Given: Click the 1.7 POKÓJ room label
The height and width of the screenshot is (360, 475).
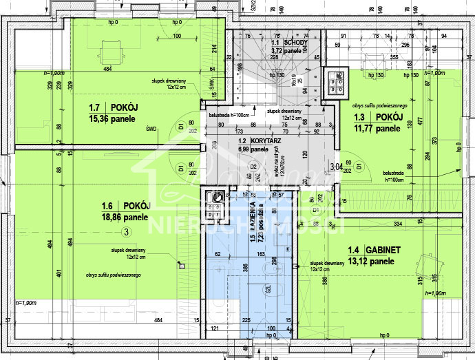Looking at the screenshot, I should pos(114,107).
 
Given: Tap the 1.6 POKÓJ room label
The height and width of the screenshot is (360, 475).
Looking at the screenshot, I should pos(125,205).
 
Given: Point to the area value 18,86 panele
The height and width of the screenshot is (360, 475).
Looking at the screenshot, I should pos(125,217).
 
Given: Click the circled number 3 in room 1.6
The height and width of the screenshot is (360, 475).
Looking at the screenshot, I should pos(125,232).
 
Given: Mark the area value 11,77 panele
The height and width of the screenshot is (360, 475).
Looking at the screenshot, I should pos(377,128).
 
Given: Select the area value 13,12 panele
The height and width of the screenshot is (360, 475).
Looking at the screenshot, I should pos(372,262).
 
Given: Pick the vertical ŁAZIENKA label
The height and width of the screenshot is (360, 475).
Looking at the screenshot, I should pos(253,219).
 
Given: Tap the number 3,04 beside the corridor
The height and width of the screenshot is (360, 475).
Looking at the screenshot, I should pos(336,166).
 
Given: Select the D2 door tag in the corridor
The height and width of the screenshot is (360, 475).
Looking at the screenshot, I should pos(253,167).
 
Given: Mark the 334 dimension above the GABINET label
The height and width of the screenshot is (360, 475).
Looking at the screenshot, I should pos(397,224).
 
